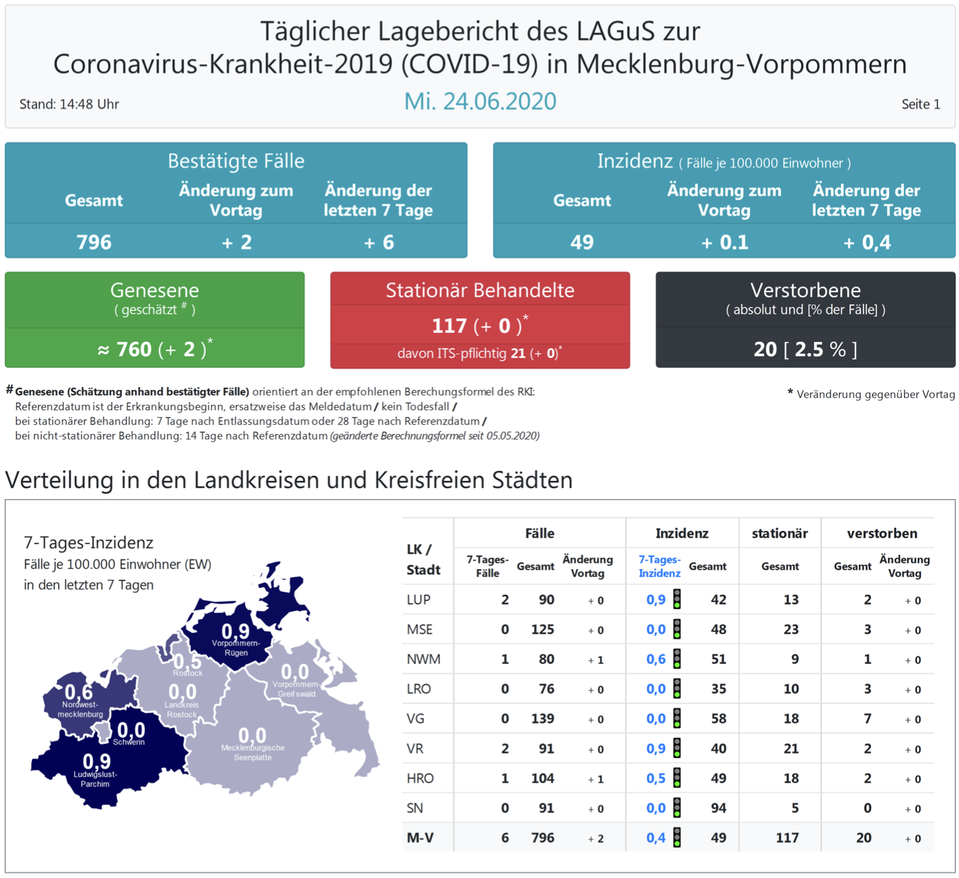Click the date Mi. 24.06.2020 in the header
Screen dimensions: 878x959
[480, 102]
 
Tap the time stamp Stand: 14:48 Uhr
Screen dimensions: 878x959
[69, 104]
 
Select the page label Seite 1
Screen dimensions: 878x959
[920, 104]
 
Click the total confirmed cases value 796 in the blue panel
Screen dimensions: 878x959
[94, 243]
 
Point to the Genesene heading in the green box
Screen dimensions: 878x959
[154, 291]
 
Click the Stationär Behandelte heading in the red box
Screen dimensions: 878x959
[480, 291]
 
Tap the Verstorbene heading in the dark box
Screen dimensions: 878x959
[805, 291]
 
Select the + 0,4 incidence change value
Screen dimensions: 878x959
[866, 243]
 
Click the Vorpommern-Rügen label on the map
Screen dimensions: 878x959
[236, 648]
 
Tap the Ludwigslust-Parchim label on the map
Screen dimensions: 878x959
[95, 779]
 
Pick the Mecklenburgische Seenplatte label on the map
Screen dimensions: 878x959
[253, 753]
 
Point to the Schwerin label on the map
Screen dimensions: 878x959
[129, 742]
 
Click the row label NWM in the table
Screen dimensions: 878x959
[423, 659]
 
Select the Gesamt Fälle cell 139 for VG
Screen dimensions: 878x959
[542, 719]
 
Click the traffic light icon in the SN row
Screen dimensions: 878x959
[677, 808]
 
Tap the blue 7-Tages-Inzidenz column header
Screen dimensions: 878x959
[659, 566]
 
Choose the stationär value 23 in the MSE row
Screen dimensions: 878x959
[790, 629]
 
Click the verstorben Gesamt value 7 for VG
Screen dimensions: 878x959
[867, 719]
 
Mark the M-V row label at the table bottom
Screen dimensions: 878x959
[420, 838]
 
